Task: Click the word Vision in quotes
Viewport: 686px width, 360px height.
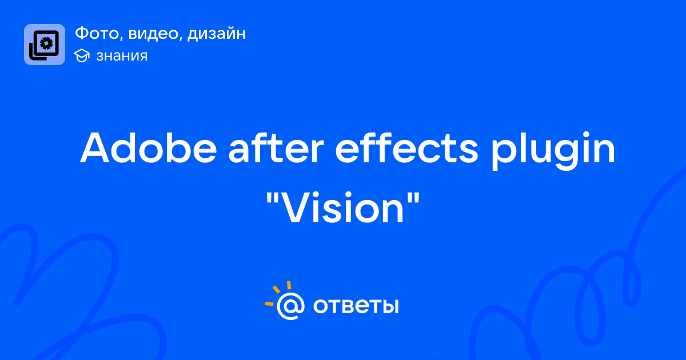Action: click(x=343, y=208)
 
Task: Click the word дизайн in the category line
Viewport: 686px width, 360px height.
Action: click(x=217, y=34)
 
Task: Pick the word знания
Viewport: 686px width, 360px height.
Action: click(x=122, y=56)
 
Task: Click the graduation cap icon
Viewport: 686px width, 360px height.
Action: click(x=82, y=55)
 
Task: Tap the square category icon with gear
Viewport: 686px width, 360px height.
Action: click(x=45, y=45)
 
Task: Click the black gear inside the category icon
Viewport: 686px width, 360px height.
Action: click(x=46, y=43)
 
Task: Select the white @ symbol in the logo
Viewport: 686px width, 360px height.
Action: click(x=290, y=306)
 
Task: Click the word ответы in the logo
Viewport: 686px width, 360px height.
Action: click(x=356, y=306)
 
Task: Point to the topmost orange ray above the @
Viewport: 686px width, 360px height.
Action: click(x=289, y=285)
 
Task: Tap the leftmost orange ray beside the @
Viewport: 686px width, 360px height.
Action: click(x=269, y=303)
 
